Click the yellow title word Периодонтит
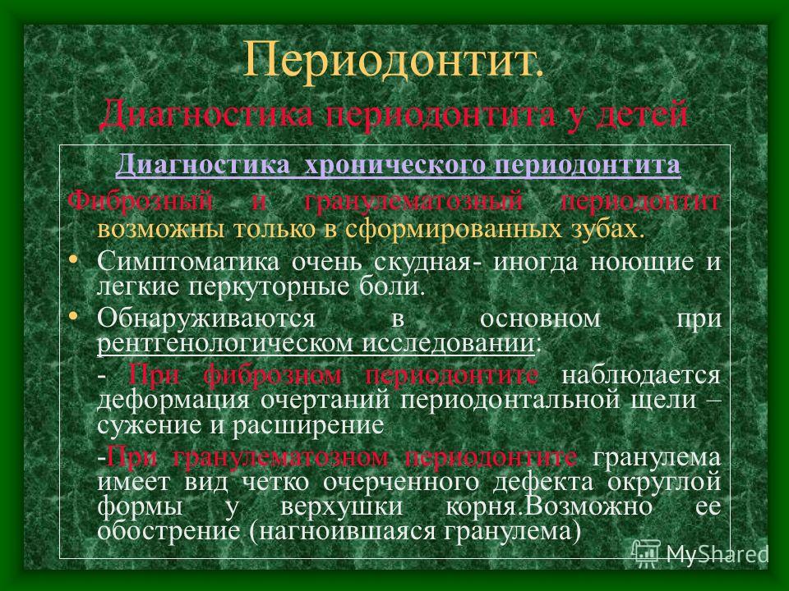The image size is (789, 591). [393, 60]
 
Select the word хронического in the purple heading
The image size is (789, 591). [395, 165]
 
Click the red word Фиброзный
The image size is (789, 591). [140, 202]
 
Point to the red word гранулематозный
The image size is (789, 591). [413, 203]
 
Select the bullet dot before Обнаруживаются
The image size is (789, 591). [73, 316]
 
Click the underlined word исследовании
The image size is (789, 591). [449, 343]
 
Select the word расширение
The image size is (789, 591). [308, 426]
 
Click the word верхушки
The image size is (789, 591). [342, 506]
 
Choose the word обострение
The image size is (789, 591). [168, 531]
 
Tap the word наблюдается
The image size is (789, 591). [640, 375]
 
